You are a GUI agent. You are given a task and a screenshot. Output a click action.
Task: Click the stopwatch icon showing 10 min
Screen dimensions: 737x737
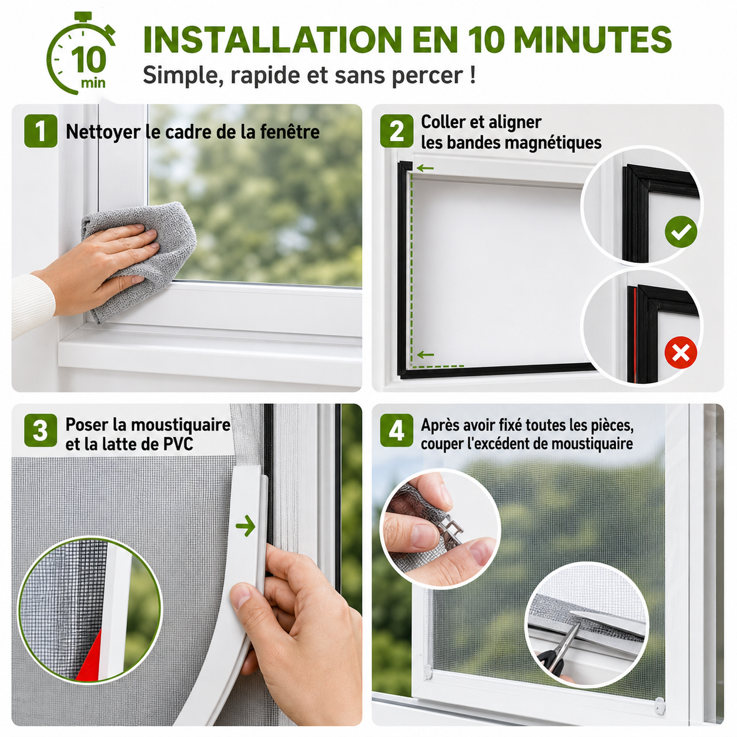click(81, 53)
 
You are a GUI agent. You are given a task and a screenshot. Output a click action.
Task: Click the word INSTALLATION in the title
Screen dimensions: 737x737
click(272, 39)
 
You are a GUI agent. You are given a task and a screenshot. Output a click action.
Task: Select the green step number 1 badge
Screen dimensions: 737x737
click(41, 131)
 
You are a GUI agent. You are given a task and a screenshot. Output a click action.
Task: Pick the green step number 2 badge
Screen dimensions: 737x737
click(396, 131)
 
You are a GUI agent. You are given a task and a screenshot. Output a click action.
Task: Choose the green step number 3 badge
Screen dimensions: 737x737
click(41, 430)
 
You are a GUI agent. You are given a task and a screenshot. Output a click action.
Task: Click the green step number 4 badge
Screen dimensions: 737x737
click(396, 430)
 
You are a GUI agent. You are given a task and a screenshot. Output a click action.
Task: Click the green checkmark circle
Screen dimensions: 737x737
click(681, 232)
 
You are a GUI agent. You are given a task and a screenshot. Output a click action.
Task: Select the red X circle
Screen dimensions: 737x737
click(681, 352)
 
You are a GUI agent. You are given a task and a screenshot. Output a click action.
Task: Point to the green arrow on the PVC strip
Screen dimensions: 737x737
click(245, 525)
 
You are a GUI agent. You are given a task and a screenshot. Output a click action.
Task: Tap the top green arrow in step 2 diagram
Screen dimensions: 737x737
click(425, 168)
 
